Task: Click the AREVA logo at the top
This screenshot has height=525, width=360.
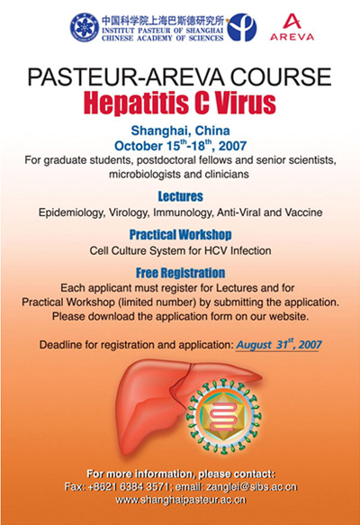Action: pos(292,27)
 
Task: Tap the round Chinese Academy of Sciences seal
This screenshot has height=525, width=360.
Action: pos(85,27)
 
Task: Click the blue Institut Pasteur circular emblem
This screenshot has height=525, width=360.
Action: pos(241,27)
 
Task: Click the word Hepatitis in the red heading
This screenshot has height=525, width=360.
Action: pos(137,103)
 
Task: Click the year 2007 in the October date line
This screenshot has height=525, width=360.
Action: pos(232,146)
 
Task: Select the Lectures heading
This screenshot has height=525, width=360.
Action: pos(180,196)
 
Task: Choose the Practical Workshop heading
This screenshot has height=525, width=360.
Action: pos(180,235)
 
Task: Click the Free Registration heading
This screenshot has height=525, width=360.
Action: pos(180,273)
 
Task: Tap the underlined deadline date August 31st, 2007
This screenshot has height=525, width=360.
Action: pos(279,345)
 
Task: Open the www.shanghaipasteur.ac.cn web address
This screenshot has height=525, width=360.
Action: pos(181,500)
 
